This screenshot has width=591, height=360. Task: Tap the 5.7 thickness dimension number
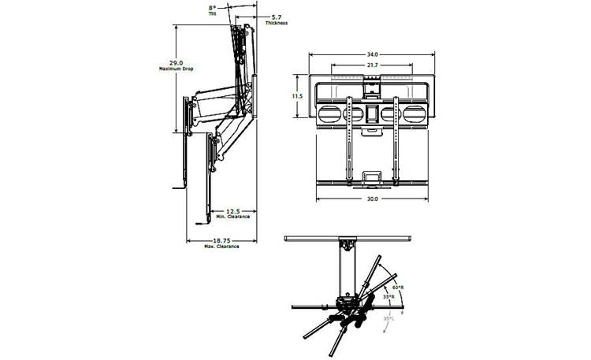pos(277,17)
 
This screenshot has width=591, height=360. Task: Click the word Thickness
pos(277,23)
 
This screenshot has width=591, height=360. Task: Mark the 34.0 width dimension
pos(370,54)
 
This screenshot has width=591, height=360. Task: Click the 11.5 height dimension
pos(297,95)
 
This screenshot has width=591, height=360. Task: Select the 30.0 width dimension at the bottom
pos(372,199)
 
